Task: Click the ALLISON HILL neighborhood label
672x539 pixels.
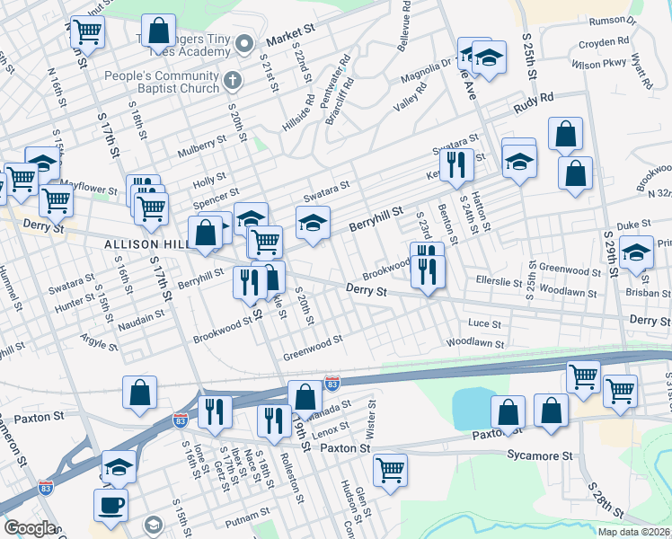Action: (144, 244)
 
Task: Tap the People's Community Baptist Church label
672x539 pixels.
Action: (162, 82)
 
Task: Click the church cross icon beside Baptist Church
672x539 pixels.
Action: (232, 81)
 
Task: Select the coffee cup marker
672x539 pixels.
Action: (111, 506)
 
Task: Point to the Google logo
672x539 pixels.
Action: (30, 528)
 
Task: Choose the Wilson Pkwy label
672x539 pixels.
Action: (597, 65)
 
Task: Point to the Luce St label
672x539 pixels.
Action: (483, 323)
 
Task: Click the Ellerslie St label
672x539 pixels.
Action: (500, 281)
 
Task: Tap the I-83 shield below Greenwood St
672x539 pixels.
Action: (332, 384)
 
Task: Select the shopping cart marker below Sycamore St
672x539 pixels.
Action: (390, 469)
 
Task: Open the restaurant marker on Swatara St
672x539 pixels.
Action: (456, 164)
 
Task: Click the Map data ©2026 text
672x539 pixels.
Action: (633, 532)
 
